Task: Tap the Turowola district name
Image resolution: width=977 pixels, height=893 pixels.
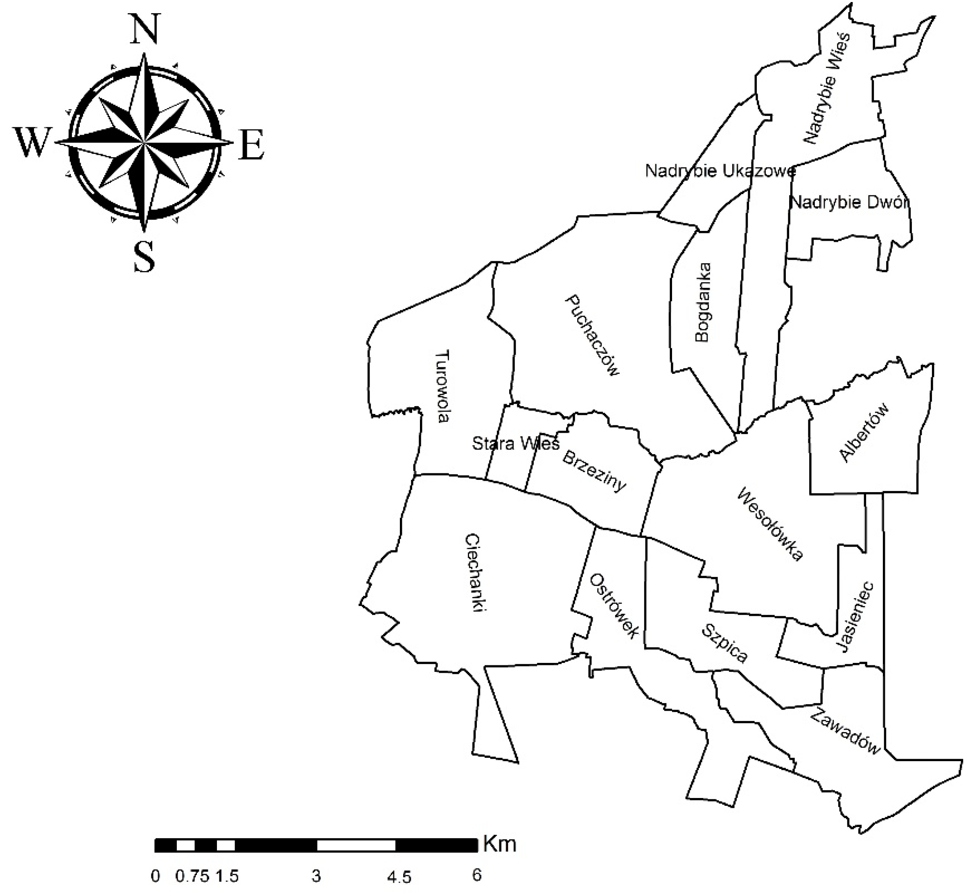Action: pos(442,387)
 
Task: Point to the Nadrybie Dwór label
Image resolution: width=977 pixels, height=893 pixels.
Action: pos(849,202)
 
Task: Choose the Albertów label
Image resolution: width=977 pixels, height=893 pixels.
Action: pos(864,432)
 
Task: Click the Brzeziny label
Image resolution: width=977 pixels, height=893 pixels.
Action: pos(594,471)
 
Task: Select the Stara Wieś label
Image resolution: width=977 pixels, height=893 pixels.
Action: pos(516,443)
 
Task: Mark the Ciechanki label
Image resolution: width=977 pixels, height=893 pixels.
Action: pos(476,574)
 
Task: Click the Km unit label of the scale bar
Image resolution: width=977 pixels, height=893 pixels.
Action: pos(500,844)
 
